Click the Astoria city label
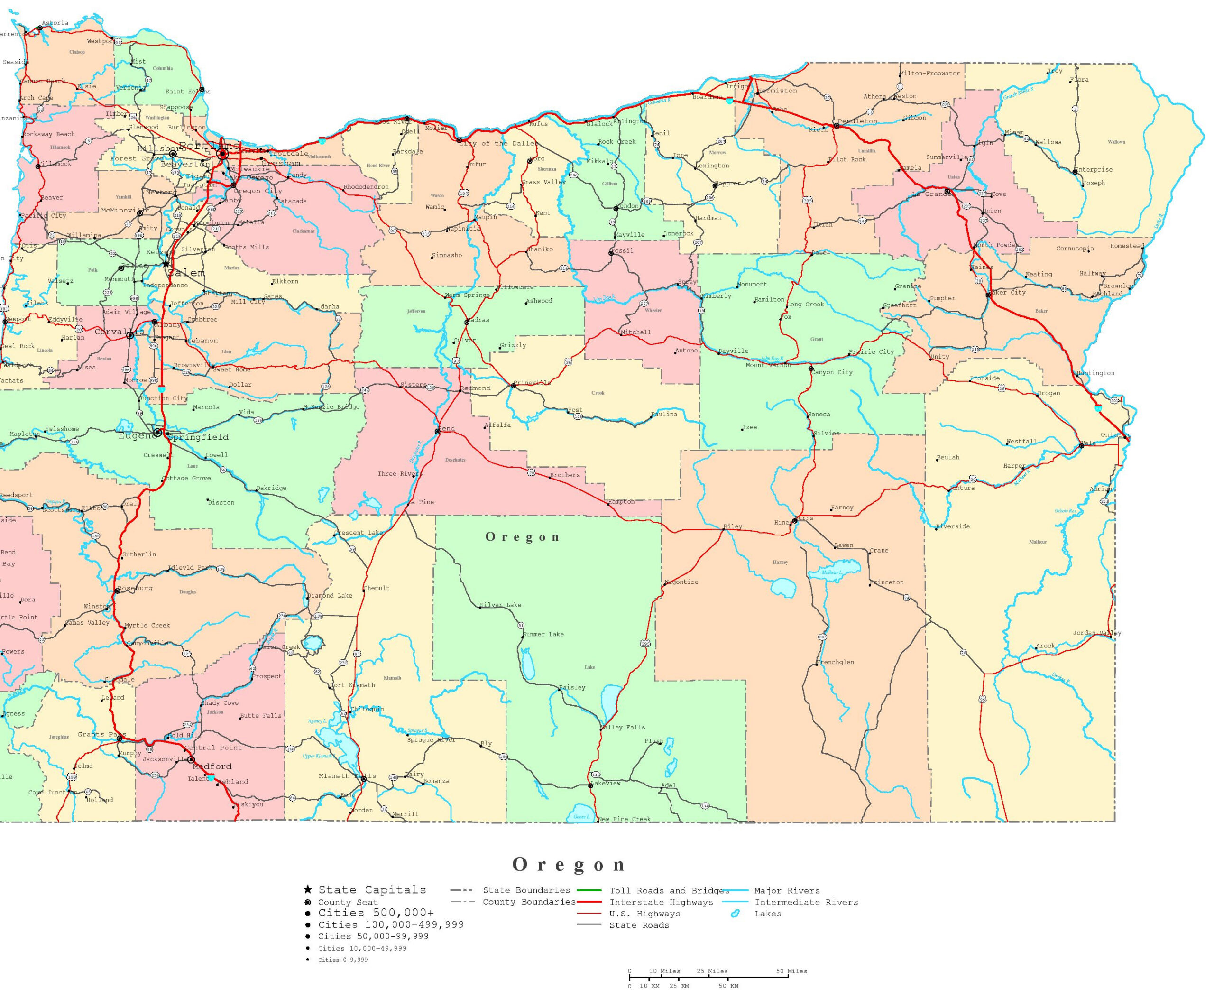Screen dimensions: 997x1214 tap(55, 23)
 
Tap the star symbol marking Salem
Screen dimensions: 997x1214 tap(166, 264)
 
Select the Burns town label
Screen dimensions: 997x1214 tap(805, 518)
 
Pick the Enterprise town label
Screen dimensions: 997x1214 tap(1094, 169)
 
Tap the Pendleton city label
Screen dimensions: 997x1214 tap(857, 121)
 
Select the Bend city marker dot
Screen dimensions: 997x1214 tap(438, 431)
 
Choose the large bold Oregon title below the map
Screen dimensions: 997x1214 tap(569, 864)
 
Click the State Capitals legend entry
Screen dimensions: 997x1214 tap(372, 890)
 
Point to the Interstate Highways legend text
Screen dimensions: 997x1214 tap(661, 902)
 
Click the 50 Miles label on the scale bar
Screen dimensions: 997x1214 tap(791, 971)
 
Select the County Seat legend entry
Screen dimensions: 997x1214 tap(348, 902)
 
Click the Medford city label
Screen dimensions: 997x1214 tap(212, 766)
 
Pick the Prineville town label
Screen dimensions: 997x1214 tap(533, 382)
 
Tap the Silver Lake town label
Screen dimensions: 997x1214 tap(501, 605)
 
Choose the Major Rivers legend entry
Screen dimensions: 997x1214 tap(787, 891)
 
